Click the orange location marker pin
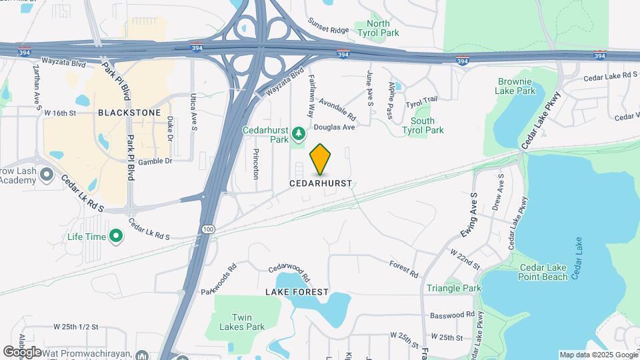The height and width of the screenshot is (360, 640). click(321, 159)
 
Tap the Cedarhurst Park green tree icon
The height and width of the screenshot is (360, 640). click(299, 133)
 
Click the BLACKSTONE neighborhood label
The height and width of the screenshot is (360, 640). click(129, 113)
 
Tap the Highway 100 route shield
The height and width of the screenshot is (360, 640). click(209, 229)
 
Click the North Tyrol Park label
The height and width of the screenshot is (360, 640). click(378, 29)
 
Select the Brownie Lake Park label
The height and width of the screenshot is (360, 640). click(517, 86)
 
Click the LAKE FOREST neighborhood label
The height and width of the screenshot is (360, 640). click(297, 292)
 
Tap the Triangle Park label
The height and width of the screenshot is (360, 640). click(453, 288)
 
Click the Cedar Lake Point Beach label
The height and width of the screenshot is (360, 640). click(544, 272)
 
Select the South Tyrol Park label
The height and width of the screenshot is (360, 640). click(423, 125)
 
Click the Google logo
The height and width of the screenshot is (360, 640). click(23, 351)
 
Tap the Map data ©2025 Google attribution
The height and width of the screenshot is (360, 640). click(597, 355)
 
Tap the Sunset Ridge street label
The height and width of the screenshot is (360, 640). click(328, 26)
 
